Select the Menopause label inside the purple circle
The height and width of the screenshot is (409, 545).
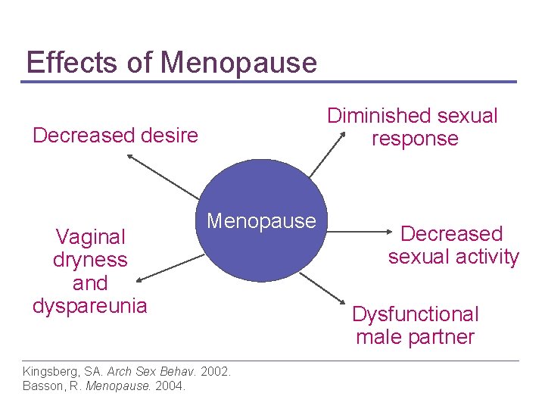261,221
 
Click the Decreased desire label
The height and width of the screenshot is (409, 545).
115,136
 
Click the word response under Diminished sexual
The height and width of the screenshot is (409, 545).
415,139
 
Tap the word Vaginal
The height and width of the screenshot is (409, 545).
90,237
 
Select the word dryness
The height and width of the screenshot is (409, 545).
90,260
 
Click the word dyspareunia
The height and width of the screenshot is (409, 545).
90,306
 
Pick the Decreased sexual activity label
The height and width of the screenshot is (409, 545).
453,245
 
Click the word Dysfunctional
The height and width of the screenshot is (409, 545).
416,314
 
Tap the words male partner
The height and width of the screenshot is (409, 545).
416,337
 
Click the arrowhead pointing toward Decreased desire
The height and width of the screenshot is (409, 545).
129,157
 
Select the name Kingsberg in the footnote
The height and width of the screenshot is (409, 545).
50,372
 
